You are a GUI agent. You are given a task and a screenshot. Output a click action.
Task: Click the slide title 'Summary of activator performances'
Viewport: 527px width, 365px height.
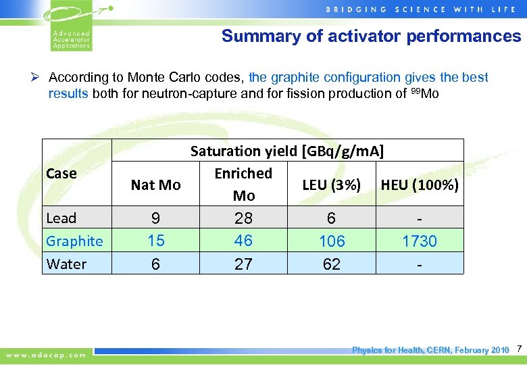371,36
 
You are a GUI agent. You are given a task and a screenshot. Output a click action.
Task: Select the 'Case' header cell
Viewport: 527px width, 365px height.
61,174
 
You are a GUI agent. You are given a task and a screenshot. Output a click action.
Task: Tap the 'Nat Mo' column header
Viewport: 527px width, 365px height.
155,185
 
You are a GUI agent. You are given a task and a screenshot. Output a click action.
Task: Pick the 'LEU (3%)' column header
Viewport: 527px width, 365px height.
331,185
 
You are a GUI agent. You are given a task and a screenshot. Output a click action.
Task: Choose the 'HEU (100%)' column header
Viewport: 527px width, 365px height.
420,185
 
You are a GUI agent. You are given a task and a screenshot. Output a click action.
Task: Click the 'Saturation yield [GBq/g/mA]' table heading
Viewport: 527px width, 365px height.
287,151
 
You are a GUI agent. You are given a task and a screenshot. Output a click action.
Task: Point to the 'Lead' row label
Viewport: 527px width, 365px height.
61,218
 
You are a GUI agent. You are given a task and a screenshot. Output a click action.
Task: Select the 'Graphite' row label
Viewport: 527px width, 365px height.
74,241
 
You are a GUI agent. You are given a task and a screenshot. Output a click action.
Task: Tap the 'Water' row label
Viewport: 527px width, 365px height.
66,264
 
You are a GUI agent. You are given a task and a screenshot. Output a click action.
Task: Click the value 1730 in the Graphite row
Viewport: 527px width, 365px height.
420,241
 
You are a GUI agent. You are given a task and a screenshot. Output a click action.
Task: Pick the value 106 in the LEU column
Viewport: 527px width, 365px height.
332,241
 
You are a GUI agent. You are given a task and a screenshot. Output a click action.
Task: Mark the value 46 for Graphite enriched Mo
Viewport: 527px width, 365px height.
243,241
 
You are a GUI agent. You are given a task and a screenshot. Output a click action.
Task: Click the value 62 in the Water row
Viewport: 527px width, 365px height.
332,264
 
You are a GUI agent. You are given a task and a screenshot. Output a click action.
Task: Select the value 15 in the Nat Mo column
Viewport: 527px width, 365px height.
155,241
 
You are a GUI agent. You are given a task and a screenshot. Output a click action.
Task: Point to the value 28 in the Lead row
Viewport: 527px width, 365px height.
243,218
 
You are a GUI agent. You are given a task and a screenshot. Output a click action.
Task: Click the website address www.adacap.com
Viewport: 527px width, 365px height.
47,354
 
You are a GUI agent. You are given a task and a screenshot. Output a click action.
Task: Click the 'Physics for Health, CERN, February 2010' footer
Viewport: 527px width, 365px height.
430,350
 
